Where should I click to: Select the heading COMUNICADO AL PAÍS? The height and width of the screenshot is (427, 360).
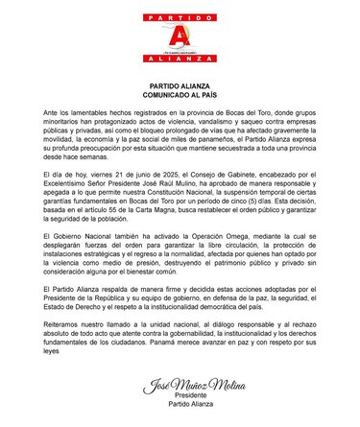click(179, 97)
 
